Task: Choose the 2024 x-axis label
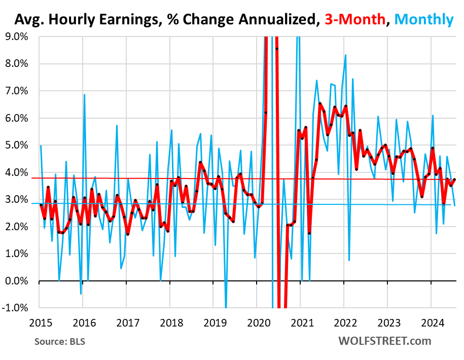click(x=432, y=322)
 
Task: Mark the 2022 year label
click(x=345, y=322)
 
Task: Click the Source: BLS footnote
click(x=60, y=341)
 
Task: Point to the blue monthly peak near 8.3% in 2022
click(x=345, y=55)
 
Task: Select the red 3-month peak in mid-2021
click(x=320, y=103)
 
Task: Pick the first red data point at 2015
click(x=41, y=205)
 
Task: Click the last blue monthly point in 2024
click(x=455, y=205)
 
